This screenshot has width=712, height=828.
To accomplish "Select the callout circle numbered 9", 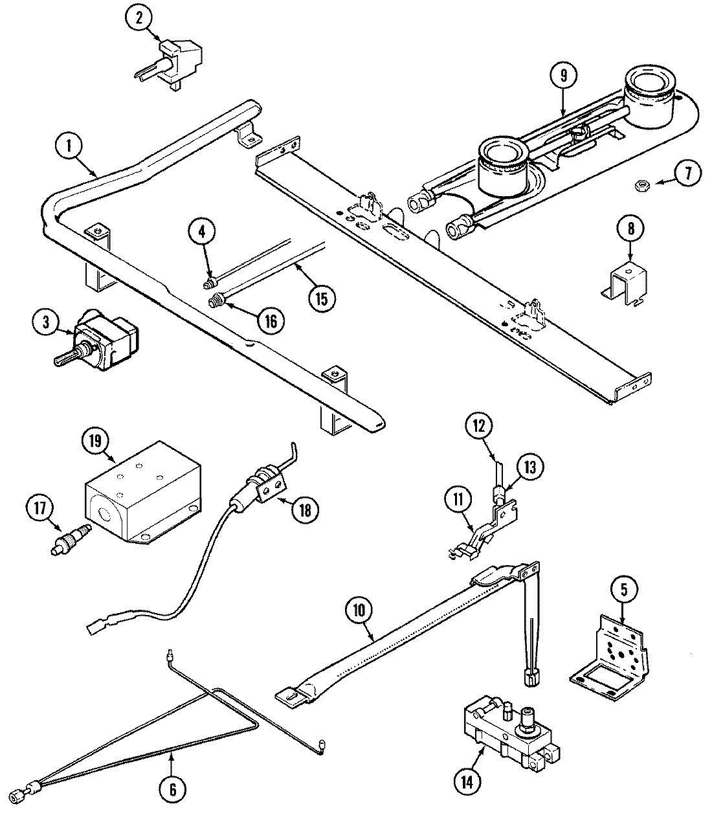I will click(563, 75).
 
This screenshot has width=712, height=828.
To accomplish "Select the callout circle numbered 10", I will click(357, 609).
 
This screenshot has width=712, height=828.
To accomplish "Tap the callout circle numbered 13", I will click(530, 467).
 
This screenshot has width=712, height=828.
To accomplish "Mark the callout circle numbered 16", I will click(270, 320).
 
